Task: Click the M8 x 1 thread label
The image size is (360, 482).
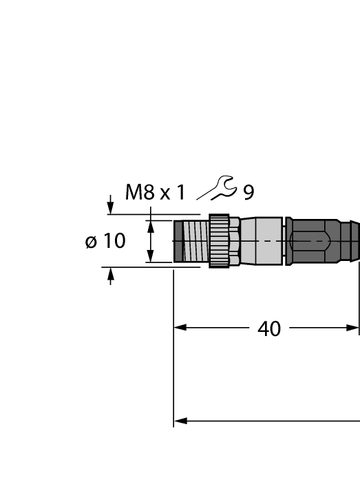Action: (155, 193)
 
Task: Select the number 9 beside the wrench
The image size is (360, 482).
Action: (248, 193)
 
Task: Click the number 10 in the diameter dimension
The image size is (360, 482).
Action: (114, 242)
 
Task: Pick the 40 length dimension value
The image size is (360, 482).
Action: (269, 329)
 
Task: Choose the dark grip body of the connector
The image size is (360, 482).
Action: (313, 241)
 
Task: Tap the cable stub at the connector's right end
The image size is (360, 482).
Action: (351, 241)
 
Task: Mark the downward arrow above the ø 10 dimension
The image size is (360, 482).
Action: (111, 207)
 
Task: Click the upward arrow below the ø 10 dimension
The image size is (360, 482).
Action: (111, 275)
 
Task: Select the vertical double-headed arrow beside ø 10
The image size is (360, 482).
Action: (150, 242)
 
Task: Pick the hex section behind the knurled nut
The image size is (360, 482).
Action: (235, 241)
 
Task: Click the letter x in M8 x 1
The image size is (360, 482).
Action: (165, 194)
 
